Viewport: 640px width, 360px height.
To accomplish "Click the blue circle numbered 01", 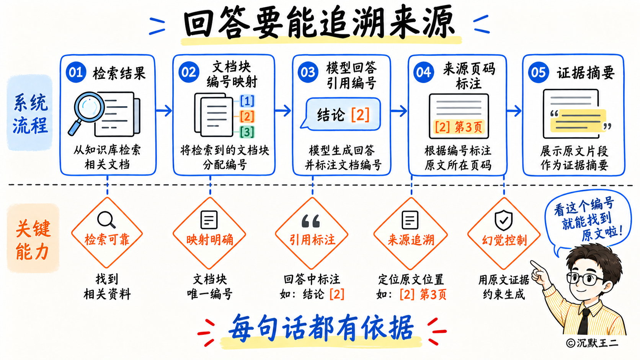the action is coord(76,72).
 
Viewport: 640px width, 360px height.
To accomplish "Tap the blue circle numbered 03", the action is coord(308,72).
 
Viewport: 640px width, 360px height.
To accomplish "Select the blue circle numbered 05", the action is coord(538,72).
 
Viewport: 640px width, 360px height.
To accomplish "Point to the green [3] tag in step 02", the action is coord(247,132).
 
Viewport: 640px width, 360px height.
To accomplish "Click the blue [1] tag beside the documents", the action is coord(247,101).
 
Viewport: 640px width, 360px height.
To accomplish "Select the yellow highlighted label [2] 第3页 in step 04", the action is coord(458,127).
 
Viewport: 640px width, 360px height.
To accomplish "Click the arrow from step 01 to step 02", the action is coord(164,110).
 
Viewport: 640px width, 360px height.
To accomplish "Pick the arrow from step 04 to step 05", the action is coord(514,111).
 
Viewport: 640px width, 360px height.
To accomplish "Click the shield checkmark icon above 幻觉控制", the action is coord(503,220).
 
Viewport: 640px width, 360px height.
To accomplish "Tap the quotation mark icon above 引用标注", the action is coord(310,221).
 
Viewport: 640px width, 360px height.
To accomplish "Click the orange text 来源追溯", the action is coord(411,240).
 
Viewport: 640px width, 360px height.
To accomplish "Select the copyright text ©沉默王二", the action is coord(592,342).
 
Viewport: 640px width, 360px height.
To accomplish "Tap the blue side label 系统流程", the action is coord(30,114).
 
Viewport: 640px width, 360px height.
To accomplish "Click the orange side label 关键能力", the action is coord(33,240).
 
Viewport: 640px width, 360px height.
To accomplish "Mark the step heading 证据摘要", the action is coord(585,73).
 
